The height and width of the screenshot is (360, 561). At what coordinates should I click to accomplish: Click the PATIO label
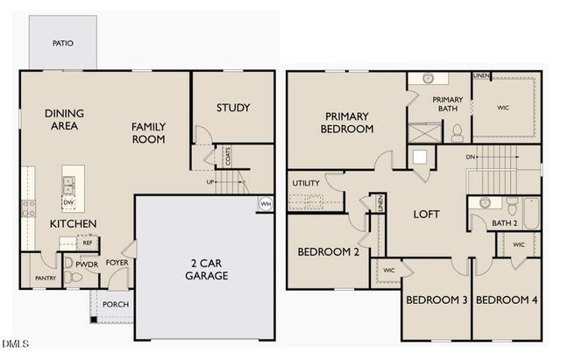tap(62, 42)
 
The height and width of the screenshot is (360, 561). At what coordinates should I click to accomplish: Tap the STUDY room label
tap(233, 108)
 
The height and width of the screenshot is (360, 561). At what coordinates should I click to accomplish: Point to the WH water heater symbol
tap(265, 204)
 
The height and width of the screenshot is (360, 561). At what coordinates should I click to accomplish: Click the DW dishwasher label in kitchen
tap(67, 202)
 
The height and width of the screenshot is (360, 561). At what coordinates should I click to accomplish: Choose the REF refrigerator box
tap(89, 243)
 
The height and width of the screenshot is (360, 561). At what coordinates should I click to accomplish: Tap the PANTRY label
tap(45, 279)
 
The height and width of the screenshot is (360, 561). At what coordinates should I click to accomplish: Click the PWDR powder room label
tap(86, 263)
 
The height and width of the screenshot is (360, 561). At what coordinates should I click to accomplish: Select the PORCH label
tap(116, 305)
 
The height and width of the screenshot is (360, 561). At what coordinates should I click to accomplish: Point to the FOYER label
tap(117, 262)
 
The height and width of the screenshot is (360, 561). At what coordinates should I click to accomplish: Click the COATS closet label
tap(228, 157)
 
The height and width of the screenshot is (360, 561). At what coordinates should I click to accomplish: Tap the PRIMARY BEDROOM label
tap(349, 123)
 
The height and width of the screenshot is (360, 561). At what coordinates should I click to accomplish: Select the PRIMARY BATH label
tap(447, 104)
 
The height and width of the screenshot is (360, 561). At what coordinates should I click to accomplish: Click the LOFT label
tap(426, 214)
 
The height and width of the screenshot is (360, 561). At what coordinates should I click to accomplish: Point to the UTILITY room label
tap(306, 183)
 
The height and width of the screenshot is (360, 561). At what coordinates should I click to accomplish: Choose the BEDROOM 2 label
tap(328, 251)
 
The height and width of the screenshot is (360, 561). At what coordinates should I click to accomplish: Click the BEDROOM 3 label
tap(436, 300)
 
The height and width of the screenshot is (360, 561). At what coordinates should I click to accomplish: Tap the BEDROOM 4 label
tap(507, 300)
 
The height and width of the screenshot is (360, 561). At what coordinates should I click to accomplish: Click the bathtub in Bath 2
tap(529, 214)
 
